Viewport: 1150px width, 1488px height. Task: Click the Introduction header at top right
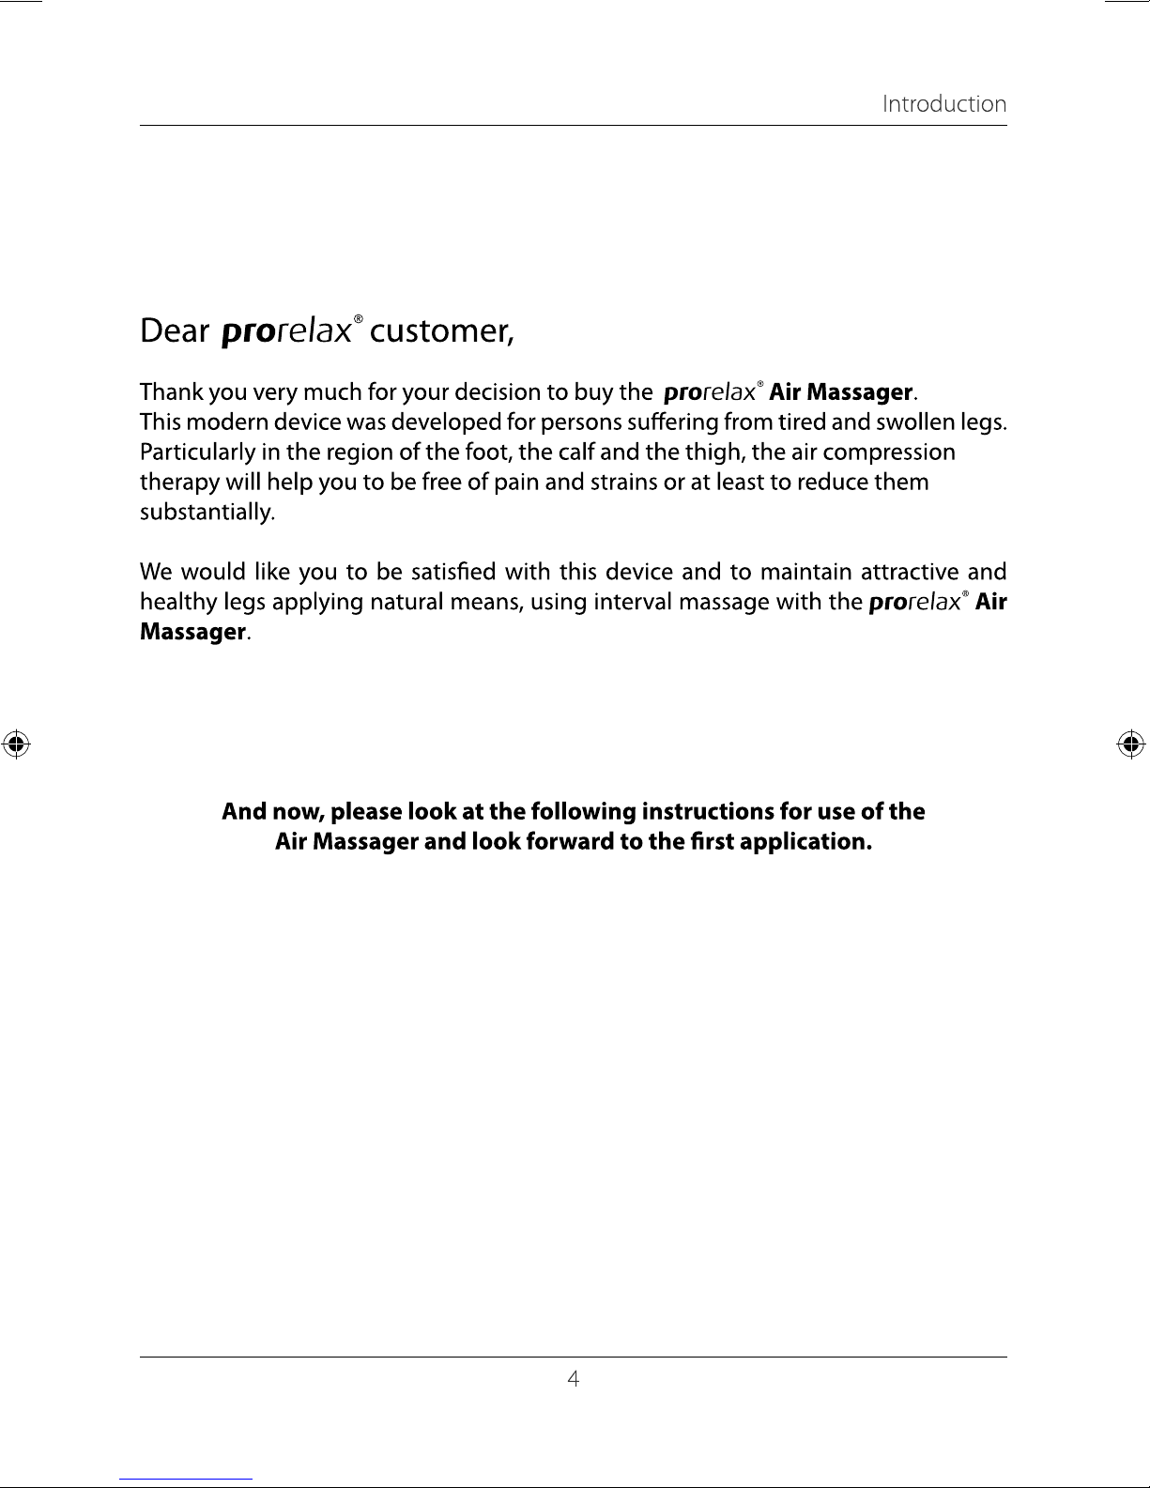tap(943, 104)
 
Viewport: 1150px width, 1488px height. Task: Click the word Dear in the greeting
tap(174, 331)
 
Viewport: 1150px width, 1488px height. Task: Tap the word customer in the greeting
tap(441, 331)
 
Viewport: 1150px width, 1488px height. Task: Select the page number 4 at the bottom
tap(574, 1379)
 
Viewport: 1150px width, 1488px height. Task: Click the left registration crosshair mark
tap(15, 744)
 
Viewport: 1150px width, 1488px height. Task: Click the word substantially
tap(207, 513)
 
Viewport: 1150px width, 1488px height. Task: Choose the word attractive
tap(909, 572)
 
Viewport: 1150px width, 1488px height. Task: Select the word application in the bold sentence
tap(806, 841)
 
